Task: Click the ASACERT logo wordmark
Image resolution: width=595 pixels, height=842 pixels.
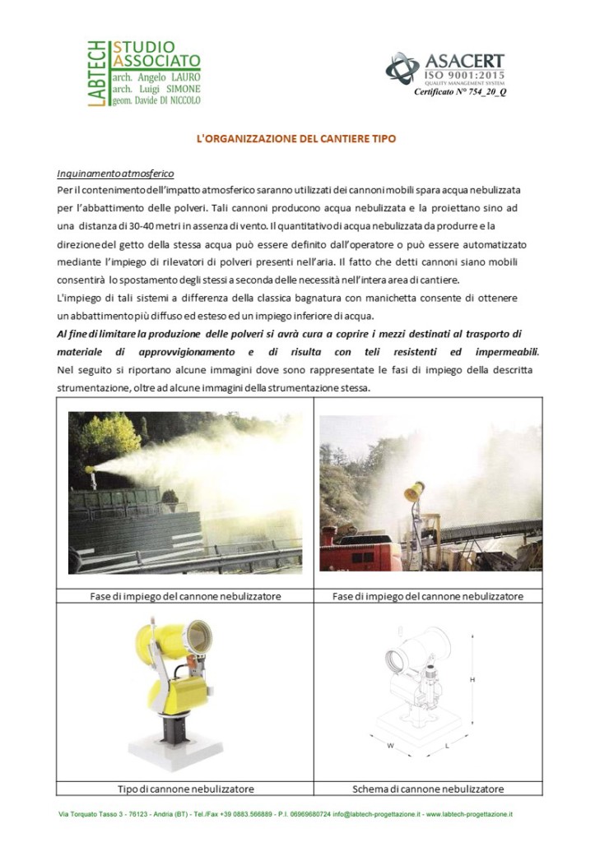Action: click(464, 60)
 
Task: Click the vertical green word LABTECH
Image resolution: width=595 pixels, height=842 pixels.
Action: click(96, 73)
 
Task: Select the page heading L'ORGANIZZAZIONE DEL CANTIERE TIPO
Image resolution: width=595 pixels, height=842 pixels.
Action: click(296, 138)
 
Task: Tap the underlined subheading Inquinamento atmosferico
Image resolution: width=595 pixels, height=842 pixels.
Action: click(115, 173)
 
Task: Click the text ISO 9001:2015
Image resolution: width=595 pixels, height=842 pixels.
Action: click(465, 74)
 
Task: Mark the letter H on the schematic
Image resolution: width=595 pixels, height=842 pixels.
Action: click(472, 680)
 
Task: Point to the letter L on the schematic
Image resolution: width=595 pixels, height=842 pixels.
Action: click(447, 746)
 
